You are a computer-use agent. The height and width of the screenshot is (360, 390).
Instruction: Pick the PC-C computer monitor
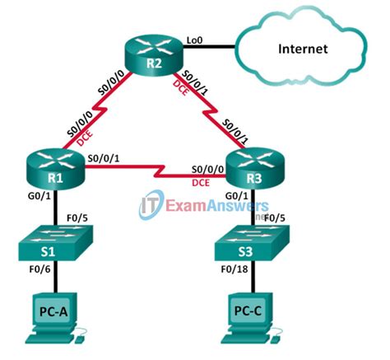248,314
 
